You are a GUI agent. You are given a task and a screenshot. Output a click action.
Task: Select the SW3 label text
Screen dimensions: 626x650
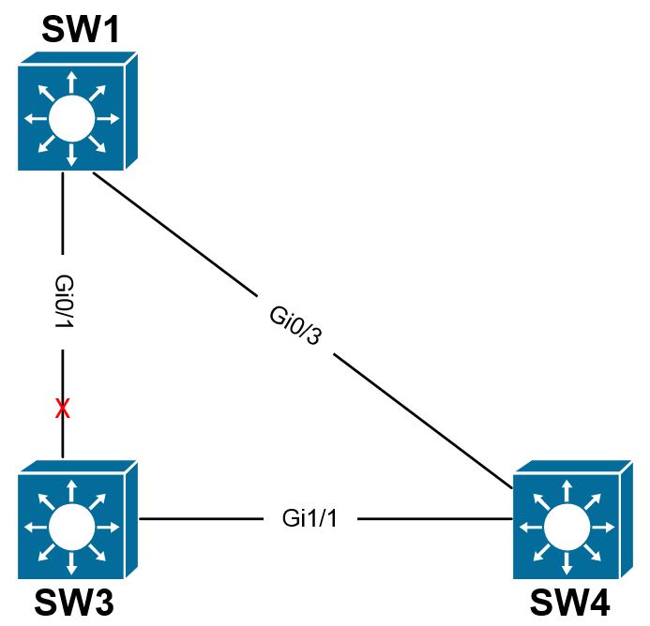75,603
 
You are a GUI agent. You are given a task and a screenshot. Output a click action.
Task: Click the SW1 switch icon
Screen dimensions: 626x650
77,112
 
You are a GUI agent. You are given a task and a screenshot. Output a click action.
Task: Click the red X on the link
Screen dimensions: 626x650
63,409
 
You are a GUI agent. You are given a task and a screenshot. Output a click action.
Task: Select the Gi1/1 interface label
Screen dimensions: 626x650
309,518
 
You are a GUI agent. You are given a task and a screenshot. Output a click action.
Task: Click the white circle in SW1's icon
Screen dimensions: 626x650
71,119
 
